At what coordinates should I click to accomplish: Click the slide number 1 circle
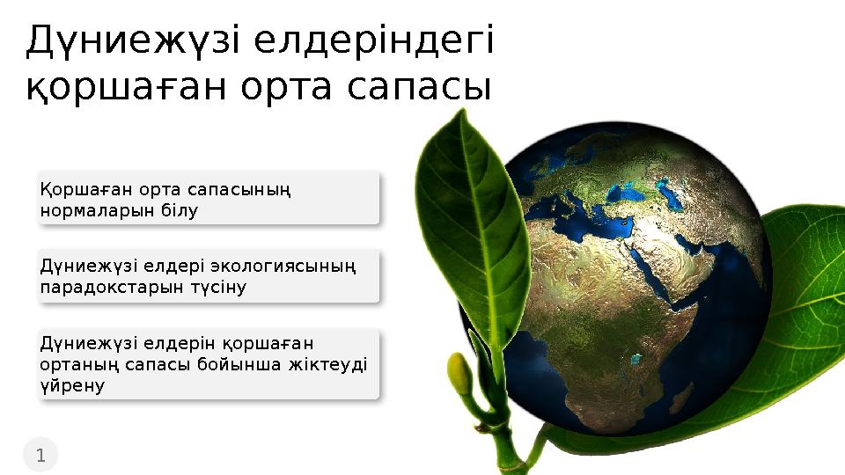[x=40, y=455]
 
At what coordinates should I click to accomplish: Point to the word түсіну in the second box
[x=214, y=288]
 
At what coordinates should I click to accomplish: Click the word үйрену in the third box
[x=73, y=385]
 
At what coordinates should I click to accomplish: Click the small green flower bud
[x=459, y=374]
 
